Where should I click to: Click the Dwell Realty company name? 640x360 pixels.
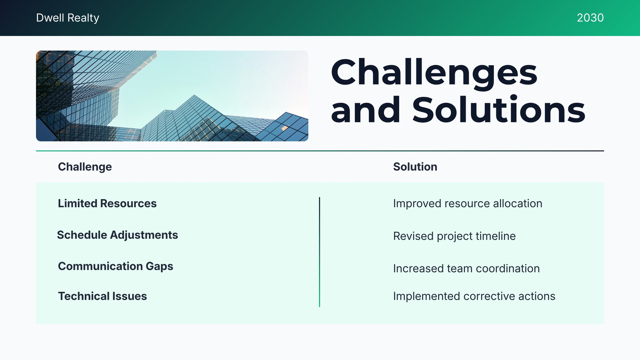click(68, 18)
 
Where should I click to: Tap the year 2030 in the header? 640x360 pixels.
click(590, 18)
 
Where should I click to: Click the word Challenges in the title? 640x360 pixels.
click(434, 73)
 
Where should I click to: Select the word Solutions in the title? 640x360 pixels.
click(498, 110)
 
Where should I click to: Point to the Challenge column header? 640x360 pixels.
click(85, 167)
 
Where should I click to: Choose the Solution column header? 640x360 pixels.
click(415, 167)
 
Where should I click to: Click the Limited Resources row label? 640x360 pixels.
click(107, 204)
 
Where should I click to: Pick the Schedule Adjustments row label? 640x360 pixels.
click(118, 235)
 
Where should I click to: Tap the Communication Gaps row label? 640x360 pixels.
click(116, 266)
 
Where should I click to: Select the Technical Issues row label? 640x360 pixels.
click(102, 296)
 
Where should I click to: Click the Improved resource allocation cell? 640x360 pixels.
click(468, 204)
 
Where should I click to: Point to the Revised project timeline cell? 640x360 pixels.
click(454, 236)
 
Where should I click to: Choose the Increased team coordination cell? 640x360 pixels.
click(466, 268)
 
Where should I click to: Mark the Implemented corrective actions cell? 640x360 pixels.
click(474, 296)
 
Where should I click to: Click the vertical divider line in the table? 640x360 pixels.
click(320, 252)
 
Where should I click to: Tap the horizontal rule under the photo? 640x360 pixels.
click(320, 150)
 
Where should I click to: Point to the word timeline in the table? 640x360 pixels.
click(496, 236)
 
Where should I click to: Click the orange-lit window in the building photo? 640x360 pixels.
click(284, 128)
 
